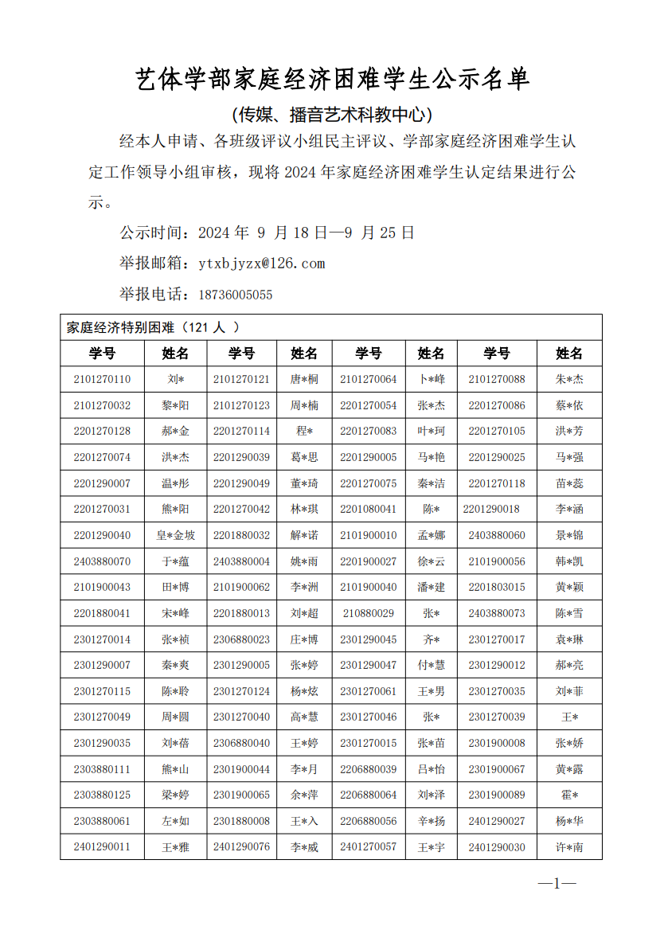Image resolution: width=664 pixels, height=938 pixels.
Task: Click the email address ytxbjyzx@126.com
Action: [262, 264]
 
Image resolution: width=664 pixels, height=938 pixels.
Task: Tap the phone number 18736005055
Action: [235, 295]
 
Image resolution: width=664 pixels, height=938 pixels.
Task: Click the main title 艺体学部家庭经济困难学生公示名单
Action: [332, 80]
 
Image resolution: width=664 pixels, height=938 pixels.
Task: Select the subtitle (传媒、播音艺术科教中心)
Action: [332, 115]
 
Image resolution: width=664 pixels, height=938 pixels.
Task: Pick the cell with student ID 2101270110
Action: [102, 379]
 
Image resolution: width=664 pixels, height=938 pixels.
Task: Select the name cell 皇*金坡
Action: [175, 535]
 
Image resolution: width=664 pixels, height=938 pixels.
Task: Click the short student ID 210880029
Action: [368, 613]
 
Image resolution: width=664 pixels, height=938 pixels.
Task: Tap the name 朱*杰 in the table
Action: [569, 379]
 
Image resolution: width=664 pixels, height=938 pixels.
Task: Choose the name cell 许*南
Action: [569, 847]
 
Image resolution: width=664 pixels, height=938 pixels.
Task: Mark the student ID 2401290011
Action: [102, 847]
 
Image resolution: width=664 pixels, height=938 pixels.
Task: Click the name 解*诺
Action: [304, 535]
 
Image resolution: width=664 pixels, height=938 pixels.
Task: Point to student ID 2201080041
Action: [368, 509]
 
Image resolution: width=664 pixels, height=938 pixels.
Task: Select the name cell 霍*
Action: [569, 795]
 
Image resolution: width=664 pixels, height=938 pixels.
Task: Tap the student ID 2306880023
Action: [241, 639]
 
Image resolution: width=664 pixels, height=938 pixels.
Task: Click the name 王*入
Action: [304, 821]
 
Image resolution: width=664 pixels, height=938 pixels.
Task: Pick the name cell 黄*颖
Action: [569, 587]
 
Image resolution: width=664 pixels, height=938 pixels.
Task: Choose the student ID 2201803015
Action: [497, 587]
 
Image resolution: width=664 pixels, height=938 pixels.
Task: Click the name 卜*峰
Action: [432, 379]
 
